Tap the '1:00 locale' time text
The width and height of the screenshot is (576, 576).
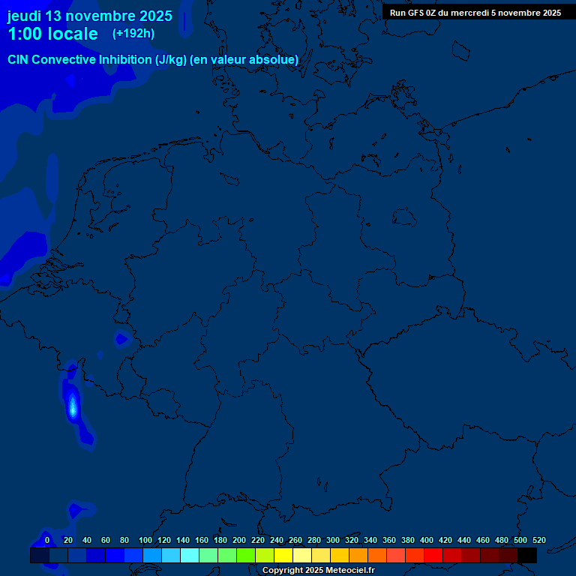52,34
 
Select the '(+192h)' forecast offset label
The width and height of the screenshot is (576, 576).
133,34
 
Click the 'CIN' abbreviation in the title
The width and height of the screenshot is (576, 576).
19,60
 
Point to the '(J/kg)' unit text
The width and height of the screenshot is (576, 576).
170,60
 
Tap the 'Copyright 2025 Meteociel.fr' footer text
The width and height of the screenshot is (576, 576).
318,571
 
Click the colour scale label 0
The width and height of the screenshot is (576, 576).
47,540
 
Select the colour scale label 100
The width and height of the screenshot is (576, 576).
145,540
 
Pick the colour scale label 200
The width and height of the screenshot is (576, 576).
239,540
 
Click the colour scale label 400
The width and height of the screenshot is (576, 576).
427,540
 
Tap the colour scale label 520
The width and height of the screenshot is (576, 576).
538,540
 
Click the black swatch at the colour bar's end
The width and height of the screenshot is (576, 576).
527,556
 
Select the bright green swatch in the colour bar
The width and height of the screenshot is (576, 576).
246,556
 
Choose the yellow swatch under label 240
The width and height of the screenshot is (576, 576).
283,556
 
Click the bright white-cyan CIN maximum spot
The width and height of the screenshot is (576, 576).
73,407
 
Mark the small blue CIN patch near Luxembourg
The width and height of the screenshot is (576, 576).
121,339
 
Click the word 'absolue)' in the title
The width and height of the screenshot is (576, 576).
274,60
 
